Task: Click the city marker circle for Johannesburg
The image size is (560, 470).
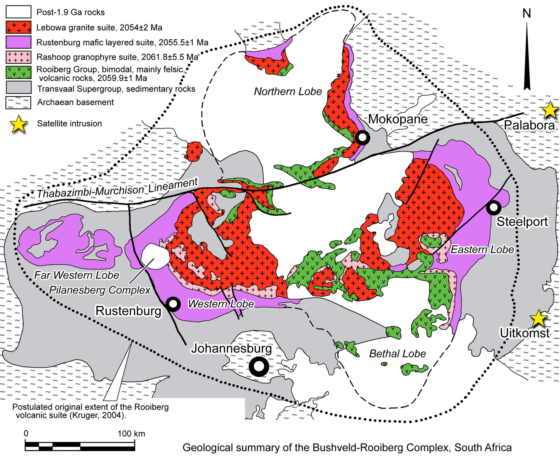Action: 259,367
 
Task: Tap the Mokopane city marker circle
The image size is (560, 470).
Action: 362,137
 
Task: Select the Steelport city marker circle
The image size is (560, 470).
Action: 493,208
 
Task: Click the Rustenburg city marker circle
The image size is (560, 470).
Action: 173,304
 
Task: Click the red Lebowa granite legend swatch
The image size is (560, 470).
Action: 18,27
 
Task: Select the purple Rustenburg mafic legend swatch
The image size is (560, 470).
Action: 18,42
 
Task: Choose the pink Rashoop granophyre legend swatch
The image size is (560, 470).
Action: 18,57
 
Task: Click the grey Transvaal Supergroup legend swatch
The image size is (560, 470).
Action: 18,88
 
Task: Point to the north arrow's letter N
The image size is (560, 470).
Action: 527,13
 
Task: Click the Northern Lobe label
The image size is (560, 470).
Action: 288,92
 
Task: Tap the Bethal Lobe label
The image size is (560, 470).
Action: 397,354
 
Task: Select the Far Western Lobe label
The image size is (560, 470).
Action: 77,275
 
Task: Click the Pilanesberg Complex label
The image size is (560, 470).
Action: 100,290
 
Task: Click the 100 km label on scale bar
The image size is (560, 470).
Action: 131,434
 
